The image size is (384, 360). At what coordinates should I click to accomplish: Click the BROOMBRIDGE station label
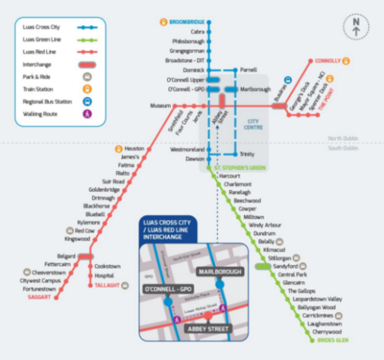(x=186, y=21)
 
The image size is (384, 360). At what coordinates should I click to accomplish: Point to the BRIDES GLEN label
(x=334, y=339)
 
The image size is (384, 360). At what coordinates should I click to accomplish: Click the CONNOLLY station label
(x=328, y=61)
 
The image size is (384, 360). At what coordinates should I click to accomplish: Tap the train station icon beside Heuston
(x=119, y=149)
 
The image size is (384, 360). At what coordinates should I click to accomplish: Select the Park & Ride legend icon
(x=87, y=77)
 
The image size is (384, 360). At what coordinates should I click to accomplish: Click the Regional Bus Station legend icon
(x=87, y=102)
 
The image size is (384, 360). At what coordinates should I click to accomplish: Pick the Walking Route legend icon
(x=87, y=114)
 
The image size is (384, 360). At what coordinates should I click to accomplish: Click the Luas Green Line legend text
(x=42, y=40)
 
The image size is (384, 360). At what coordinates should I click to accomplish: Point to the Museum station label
(x=160, y=105)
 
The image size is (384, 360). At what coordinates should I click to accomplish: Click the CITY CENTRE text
(x=253, y=124)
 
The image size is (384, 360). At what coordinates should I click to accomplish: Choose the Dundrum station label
(x=264, y=234)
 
